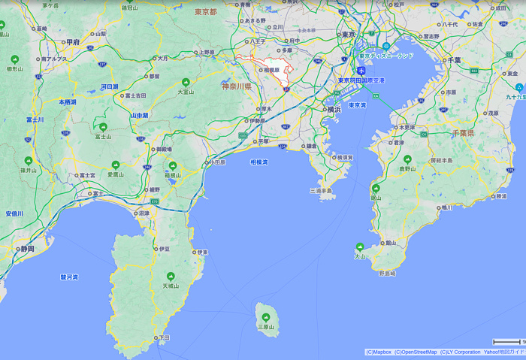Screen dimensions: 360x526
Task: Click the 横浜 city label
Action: (x=334, y=109)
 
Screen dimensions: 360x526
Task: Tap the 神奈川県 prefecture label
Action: (x=237, y=86)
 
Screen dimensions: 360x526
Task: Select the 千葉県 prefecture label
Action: (x=462, y=132)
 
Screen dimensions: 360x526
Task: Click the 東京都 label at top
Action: (x=205, y=12)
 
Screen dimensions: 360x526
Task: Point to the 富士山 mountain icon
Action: (x=103, y=126)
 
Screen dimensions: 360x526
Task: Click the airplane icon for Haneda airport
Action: (x=361, y=71)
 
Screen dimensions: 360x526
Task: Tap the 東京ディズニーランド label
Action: (x=386, y=56)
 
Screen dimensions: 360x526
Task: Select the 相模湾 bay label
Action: (x=259, y=162)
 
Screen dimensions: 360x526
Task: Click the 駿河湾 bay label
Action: (x=69, y=277)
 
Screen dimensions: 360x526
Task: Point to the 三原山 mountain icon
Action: (x=265, y=316)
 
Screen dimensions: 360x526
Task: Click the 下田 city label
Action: (x=164, y=338)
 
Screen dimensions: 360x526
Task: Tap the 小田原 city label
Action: (x=218, y=162)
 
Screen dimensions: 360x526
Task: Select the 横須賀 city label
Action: (x=343, y=157)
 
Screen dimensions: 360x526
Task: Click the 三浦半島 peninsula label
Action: (x=322, y=191)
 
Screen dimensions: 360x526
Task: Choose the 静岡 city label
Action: (x=27, y=248)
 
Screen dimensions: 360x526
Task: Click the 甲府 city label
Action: (x=73, y=42)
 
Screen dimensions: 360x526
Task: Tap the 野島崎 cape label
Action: (x=387, y=273)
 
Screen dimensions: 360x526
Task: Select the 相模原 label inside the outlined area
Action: (x=270, y=70)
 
